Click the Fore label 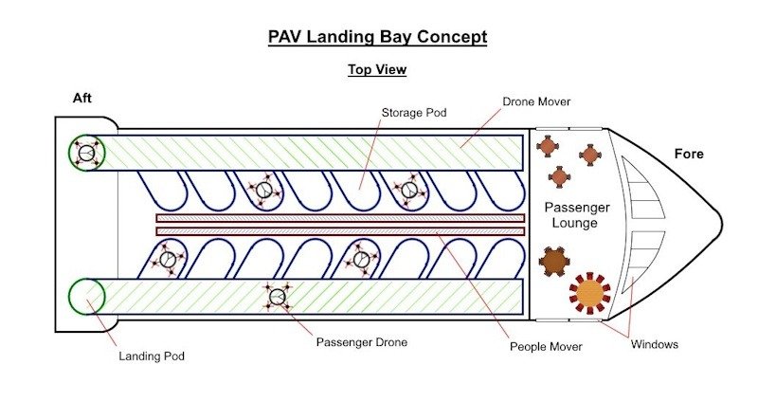689,154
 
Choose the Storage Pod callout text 414,112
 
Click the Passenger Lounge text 576,215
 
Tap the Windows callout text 655,344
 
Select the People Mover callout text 545,347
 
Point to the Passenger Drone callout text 362,341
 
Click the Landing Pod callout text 151,356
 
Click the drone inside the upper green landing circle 86,153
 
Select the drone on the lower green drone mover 278,297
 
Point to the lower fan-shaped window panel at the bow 646,258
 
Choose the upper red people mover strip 340,218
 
